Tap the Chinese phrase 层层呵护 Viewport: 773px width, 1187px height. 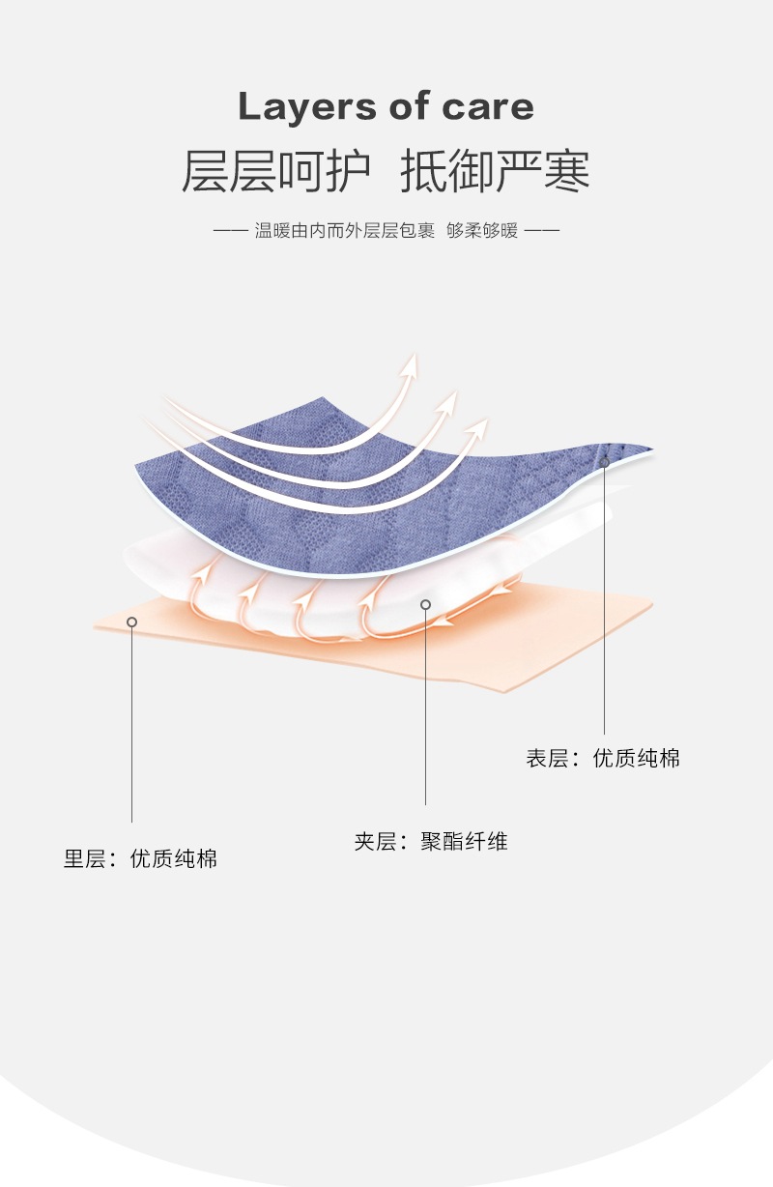point(276,171)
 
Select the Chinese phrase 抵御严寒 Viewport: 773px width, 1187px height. point(495,171)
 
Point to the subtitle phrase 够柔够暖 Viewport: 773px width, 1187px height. point(482,231)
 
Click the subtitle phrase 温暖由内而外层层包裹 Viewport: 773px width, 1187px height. point(345,231)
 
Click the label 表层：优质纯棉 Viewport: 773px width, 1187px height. point(603,759)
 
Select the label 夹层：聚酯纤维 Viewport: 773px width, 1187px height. point(431,842)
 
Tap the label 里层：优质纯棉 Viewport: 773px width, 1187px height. point(141,858)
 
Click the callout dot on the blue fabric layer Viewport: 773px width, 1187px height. point(604,462)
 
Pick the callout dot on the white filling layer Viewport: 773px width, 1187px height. point(425,604)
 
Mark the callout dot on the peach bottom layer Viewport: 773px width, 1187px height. point(131,622)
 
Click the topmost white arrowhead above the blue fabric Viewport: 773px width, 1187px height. point(412,362)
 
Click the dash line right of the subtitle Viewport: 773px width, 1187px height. point(542,231)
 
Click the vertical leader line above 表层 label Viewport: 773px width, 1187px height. point(604,599)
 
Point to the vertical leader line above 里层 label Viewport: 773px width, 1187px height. point(131,725)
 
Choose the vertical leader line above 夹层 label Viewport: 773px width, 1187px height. point(425,706)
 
